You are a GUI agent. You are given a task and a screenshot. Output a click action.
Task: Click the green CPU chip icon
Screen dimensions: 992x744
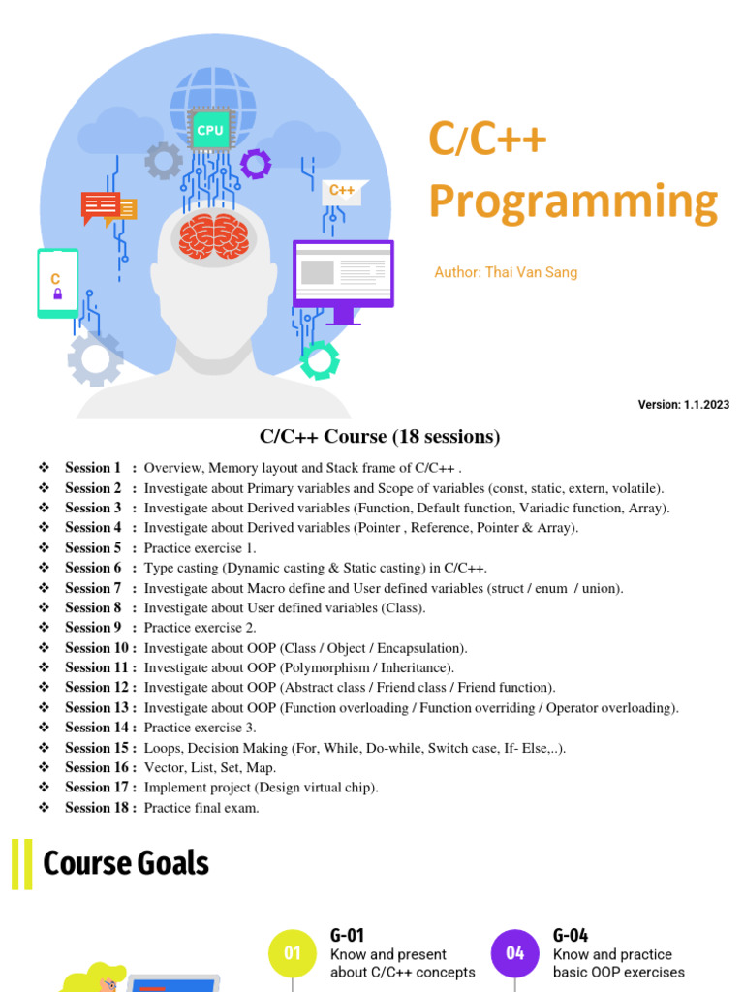(209, 130)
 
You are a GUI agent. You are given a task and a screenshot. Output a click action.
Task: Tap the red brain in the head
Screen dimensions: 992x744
(215, 236)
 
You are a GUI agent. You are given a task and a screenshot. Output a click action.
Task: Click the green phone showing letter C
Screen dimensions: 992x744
(57, 283)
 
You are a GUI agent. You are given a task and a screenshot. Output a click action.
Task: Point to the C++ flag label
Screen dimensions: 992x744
(343, 191)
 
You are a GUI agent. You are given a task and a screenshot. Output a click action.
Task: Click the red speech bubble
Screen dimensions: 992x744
(101, 206)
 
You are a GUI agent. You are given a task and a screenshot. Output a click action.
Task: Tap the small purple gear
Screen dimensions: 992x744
(256, 164)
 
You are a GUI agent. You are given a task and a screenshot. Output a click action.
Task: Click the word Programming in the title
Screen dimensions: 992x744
(573, 201)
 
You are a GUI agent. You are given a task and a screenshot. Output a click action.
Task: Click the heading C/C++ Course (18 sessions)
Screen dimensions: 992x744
(380, 437)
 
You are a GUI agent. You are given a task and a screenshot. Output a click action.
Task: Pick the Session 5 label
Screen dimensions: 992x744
(93, 547)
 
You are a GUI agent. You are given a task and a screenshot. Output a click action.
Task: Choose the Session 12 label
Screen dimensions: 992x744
(97, 688)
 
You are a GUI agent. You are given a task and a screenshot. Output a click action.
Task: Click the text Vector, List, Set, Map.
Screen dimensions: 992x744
(210, 767)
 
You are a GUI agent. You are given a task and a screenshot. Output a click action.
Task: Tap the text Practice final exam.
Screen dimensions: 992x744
(201, 808)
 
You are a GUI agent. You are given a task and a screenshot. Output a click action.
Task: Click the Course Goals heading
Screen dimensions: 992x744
(126, 862)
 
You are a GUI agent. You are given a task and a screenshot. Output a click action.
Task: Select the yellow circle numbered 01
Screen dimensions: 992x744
(293, 953)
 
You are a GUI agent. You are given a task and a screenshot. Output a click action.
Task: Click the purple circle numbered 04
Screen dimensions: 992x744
(515, 953)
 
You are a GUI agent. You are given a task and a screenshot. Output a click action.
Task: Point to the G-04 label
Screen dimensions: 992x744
(571, 935)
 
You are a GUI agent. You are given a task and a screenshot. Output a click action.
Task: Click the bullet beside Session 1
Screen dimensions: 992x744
(44, 468)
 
